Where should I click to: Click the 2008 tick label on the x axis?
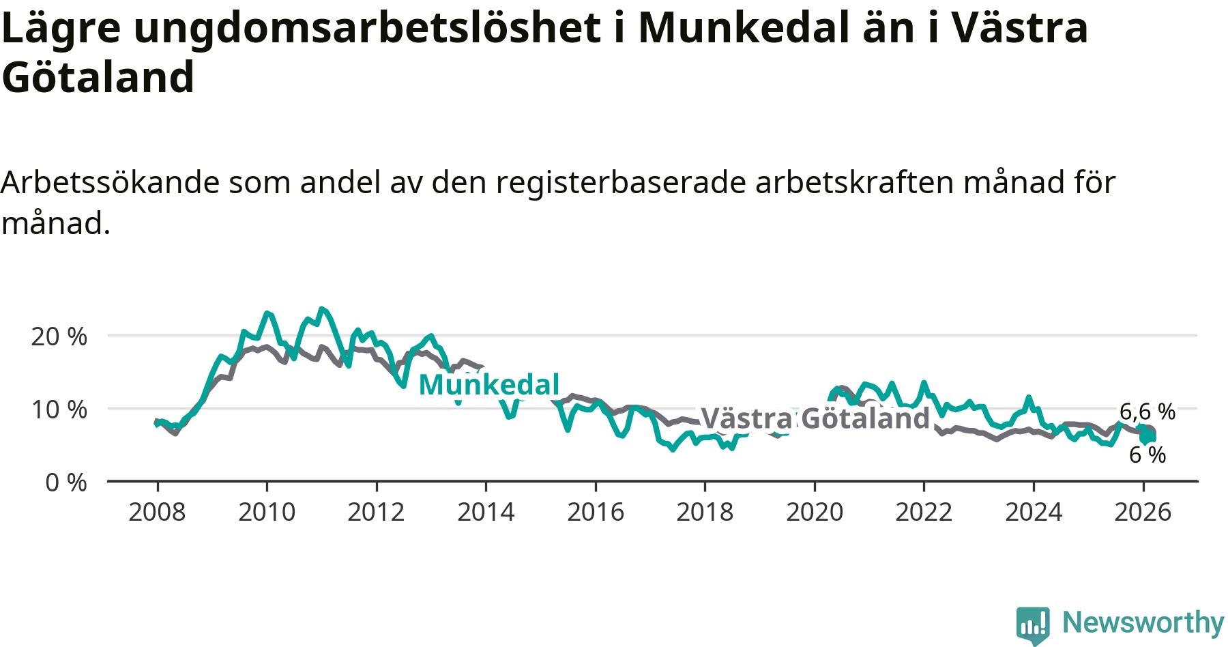pos(157,512)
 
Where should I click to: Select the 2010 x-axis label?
pos(267,512)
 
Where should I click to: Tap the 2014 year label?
pos(486,512)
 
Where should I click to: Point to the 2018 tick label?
pos(705,512)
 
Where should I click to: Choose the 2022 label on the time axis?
pos(924,512)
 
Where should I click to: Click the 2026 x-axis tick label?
pos(1143,512)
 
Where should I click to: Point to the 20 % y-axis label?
pos(59,336)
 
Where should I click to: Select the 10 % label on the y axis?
pos(59,409)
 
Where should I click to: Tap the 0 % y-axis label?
pos(66,483)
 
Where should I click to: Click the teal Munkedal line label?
pos(489,385)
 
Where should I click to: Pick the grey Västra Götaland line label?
pos(815,418)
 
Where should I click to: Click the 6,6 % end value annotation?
pos(1147,412)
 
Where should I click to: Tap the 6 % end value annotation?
pos(1147,455)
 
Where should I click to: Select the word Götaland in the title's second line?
pos(98,76)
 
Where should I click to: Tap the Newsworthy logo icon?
pos(1033,624)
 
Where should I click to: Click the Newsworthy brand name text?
pos(1143,622)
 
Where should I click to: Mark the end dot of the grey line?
pos(1150,432)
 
